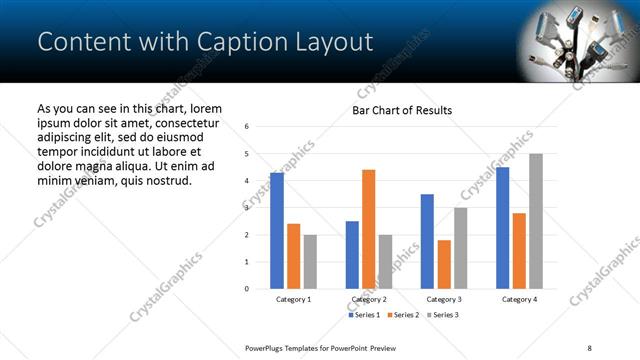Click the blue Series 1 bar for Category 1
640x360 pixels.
pyautogui.click(x=276, y=231)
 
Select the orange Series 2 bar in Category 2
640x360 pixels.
pyautogui.click(x=368, y=229)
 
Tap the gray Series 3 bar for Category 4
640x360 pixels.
pyautogui.click(x=536, y=221)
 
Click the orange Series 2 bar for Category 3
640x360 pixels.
pyautogui.click(x=444, y=264)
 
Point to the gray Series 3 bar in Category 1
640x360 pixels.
pyautogui.click(x=310, y=262)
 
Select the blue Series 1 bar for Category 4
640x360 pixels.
pyautogui.click(x=502, y=228)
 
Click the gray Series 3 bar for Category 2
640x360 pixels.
pyautogui.click(x=385, y=262)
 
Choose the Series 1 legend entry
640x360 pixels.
pyautogui.click(x=364, y=315)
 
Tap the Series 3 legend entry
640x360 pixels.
pyautogui.click(x=442, y=315)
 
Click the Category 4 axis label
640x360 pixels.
pyautogui.click(x=519, y=299)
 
